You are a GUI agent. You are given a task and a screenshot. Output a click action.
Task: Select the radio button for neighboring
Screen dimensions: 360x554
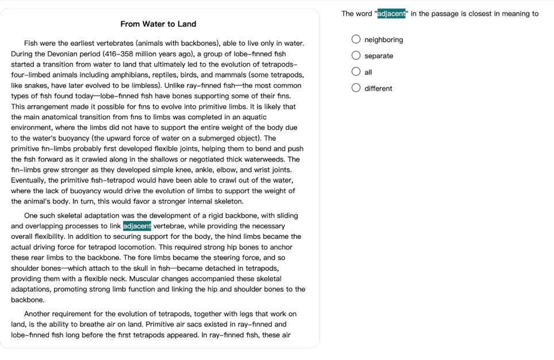pos(356,40)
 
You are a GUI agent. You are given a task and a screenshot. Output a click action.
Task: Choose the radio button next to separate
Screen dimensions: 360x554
pos(356,56)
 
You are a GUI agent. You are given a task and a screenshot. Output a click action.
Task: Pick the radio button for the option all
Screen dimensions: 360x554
pos(356,72)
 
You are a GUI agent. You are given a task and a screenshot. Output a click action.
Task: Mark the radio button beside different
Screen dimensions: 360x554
pos(356,88)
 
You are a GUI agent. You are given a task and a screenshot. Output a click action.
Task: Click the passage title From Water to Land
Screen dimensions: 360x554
pos(158,24)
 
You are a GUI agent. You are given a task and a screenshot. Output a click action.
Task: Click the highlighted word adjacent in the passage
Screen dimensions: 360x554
pos(137,226)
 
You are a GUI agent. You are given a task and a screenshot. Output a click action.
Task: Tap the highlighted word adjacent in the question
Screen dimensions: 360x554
pos(391,14)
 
